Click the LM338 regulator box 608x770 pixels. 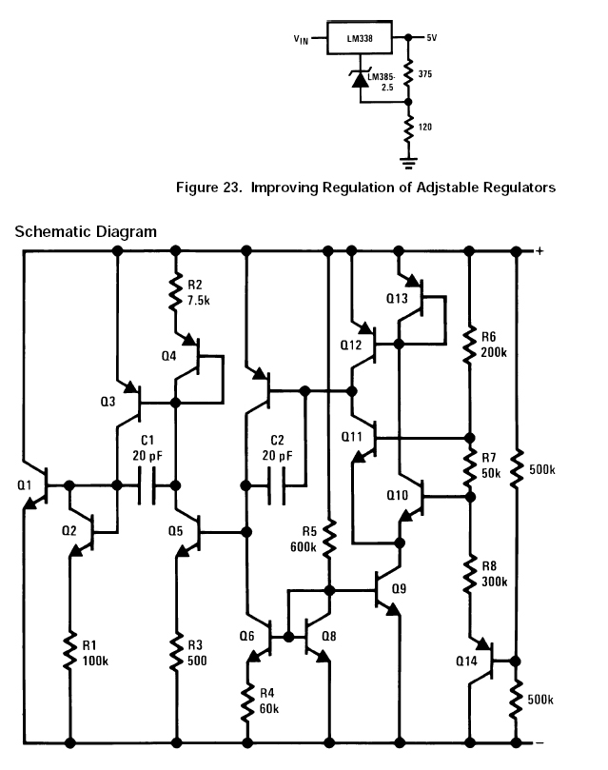[354, 39]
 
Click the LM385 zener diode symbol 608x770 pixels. [360, 81]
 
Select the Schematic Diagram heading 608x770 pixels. [86, 231]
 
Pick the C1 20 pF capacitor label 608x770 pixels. [147, 448]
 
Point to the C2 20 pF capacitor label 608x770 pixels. [277, 448]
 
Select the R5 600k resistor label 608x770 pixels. [304, 540]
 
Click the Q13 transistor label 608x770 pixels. [398, 298]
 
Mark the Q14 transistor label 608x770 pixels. [466, 661]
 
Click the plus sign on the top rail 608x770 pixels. [539, 251]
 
